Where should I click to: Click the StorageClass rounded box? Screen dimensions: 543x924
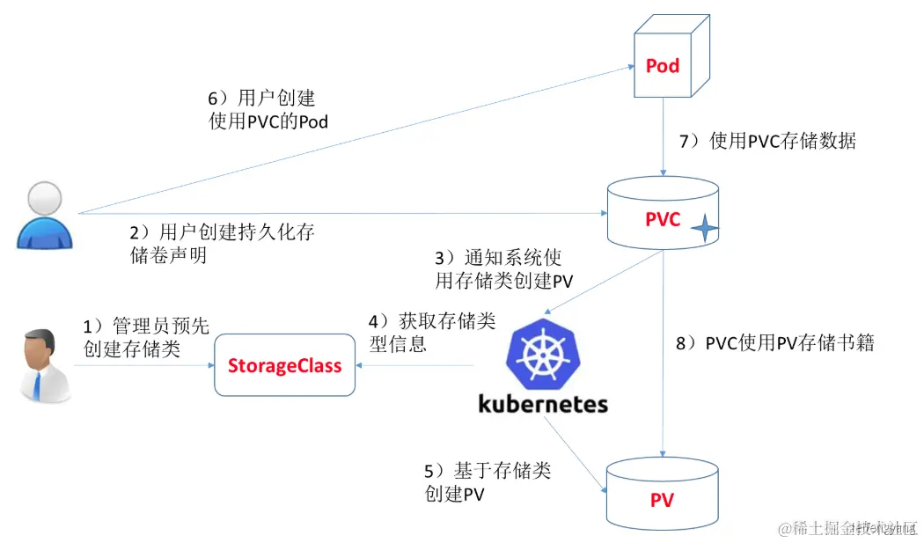pos(284,365)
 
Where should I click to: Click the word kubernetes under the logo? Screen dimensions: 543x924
pos(543,403)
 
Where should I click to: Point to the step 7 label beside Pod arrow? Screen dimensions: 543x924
pos(767,141)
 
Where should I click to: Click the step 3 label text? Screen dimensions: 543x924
pos(498,269)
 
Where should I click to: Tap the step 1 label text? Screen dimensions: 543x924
pos(146,338)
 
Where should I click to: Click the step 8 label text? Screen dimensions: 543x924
pos(775,343)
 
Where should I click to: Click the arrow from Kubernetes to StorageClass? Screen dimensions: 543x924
pos(414,366)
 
